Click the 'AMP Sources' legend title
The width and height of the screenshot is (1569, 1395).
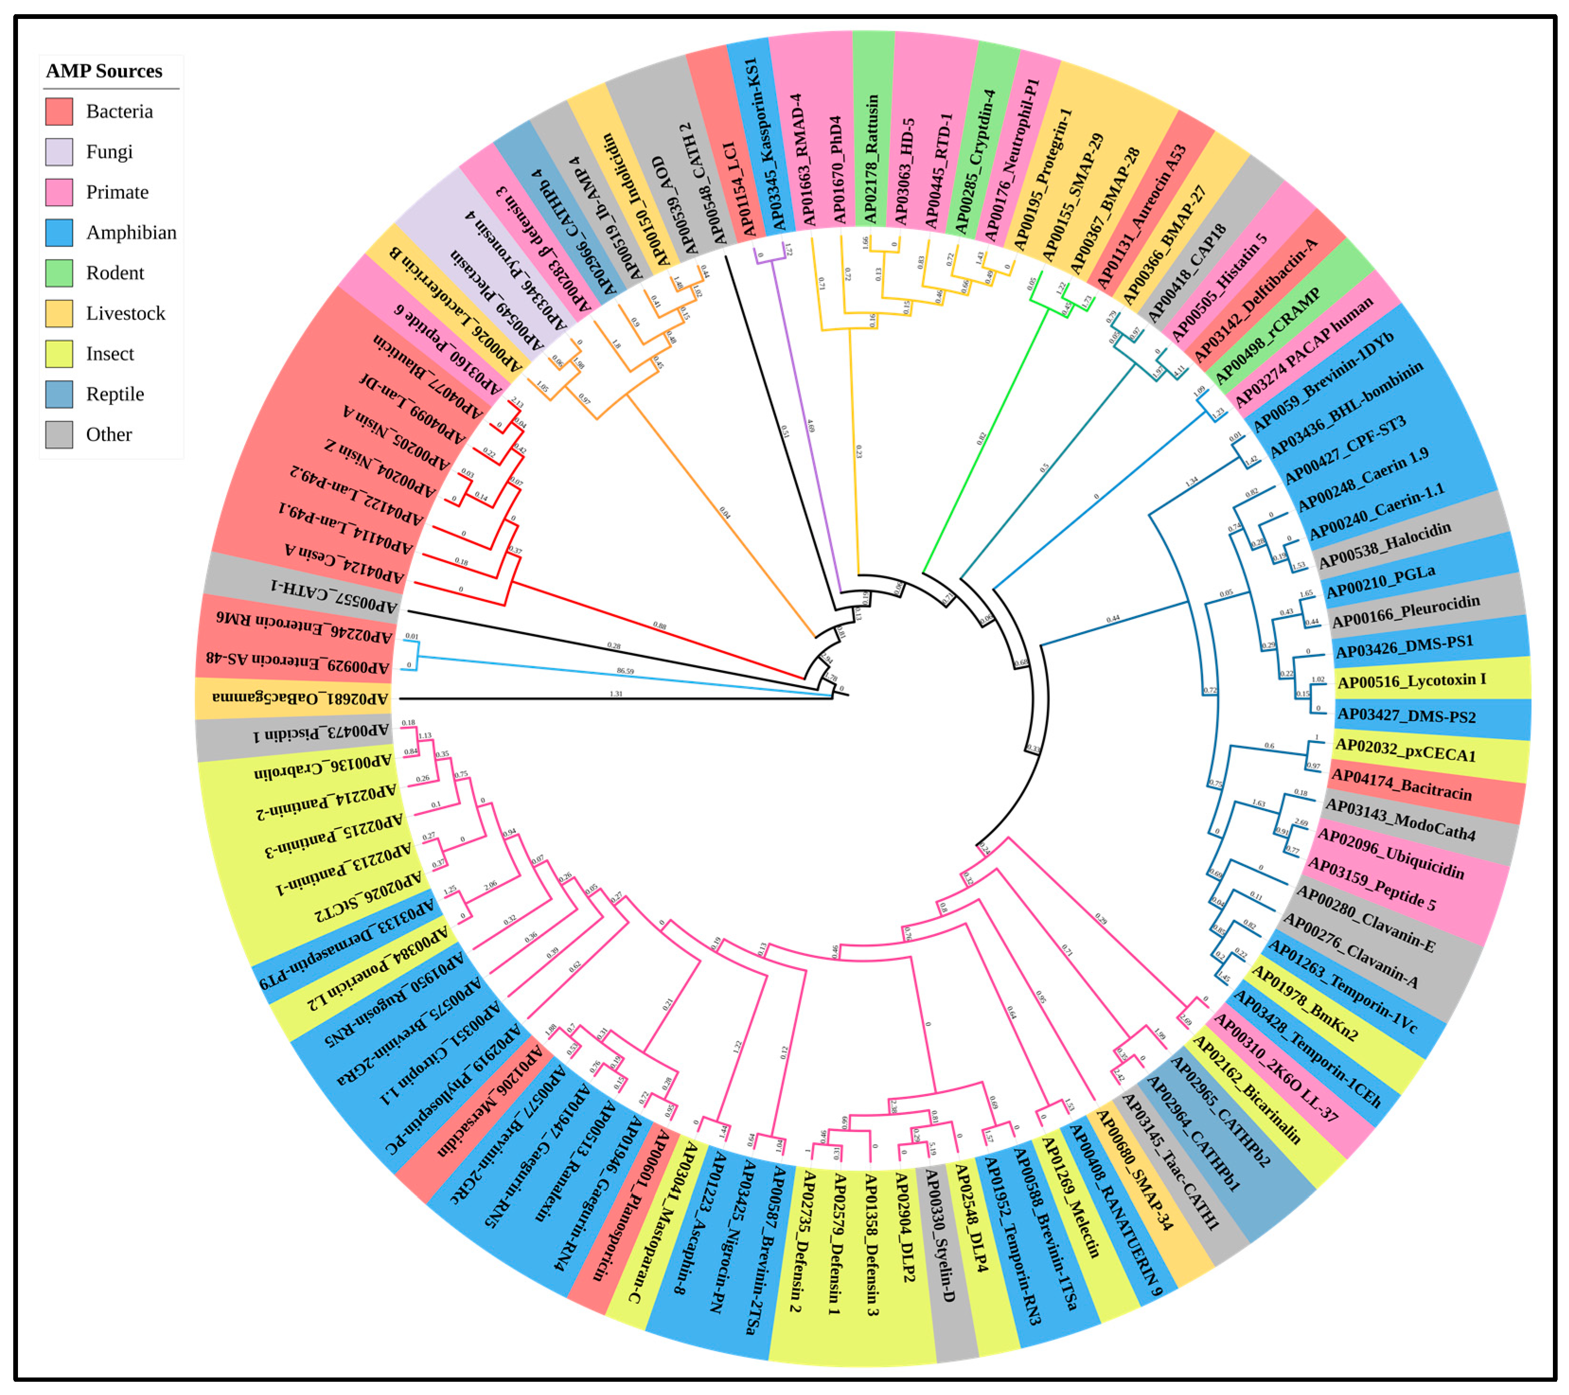105,71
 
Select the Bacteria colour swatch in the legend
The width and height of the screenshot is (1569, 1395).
59,111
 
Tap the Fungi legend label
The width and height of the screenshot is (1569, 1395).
109,152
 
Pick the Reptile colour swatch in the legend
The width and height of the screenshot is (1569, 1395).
59,394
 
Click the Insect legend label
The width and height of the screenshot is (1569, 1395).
110,354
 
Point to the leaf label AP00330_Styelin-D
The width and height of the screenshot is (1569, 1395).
941,1236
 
